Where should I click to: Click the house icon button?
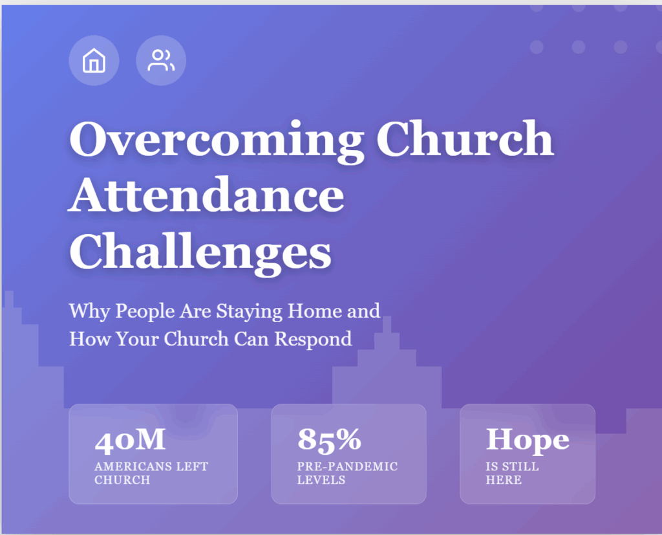(x=94, y=60)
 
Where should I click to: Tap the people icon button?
(x=161, y=60)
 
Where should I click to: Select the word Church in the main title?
(x=465, y=138)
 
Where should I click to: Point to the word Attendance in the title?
(x=206, y=195)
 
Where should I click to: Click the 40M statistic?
(x=130, y=440)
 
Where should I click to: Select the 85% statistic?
(x=329, y=439)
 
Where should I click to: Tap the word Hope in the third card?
(x=528, y=439)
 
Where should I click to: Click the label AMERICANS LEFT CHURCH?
(x=151, y=473)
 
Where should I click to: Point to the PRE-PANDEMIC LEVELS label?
(x=347, y=473)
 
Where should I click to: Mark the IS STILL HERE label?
(x=512, y=473)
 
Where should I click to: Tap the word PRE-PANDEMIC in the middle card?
(x=347, y=466)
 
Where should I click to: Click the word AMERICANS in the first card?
(x=133, y=466)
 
